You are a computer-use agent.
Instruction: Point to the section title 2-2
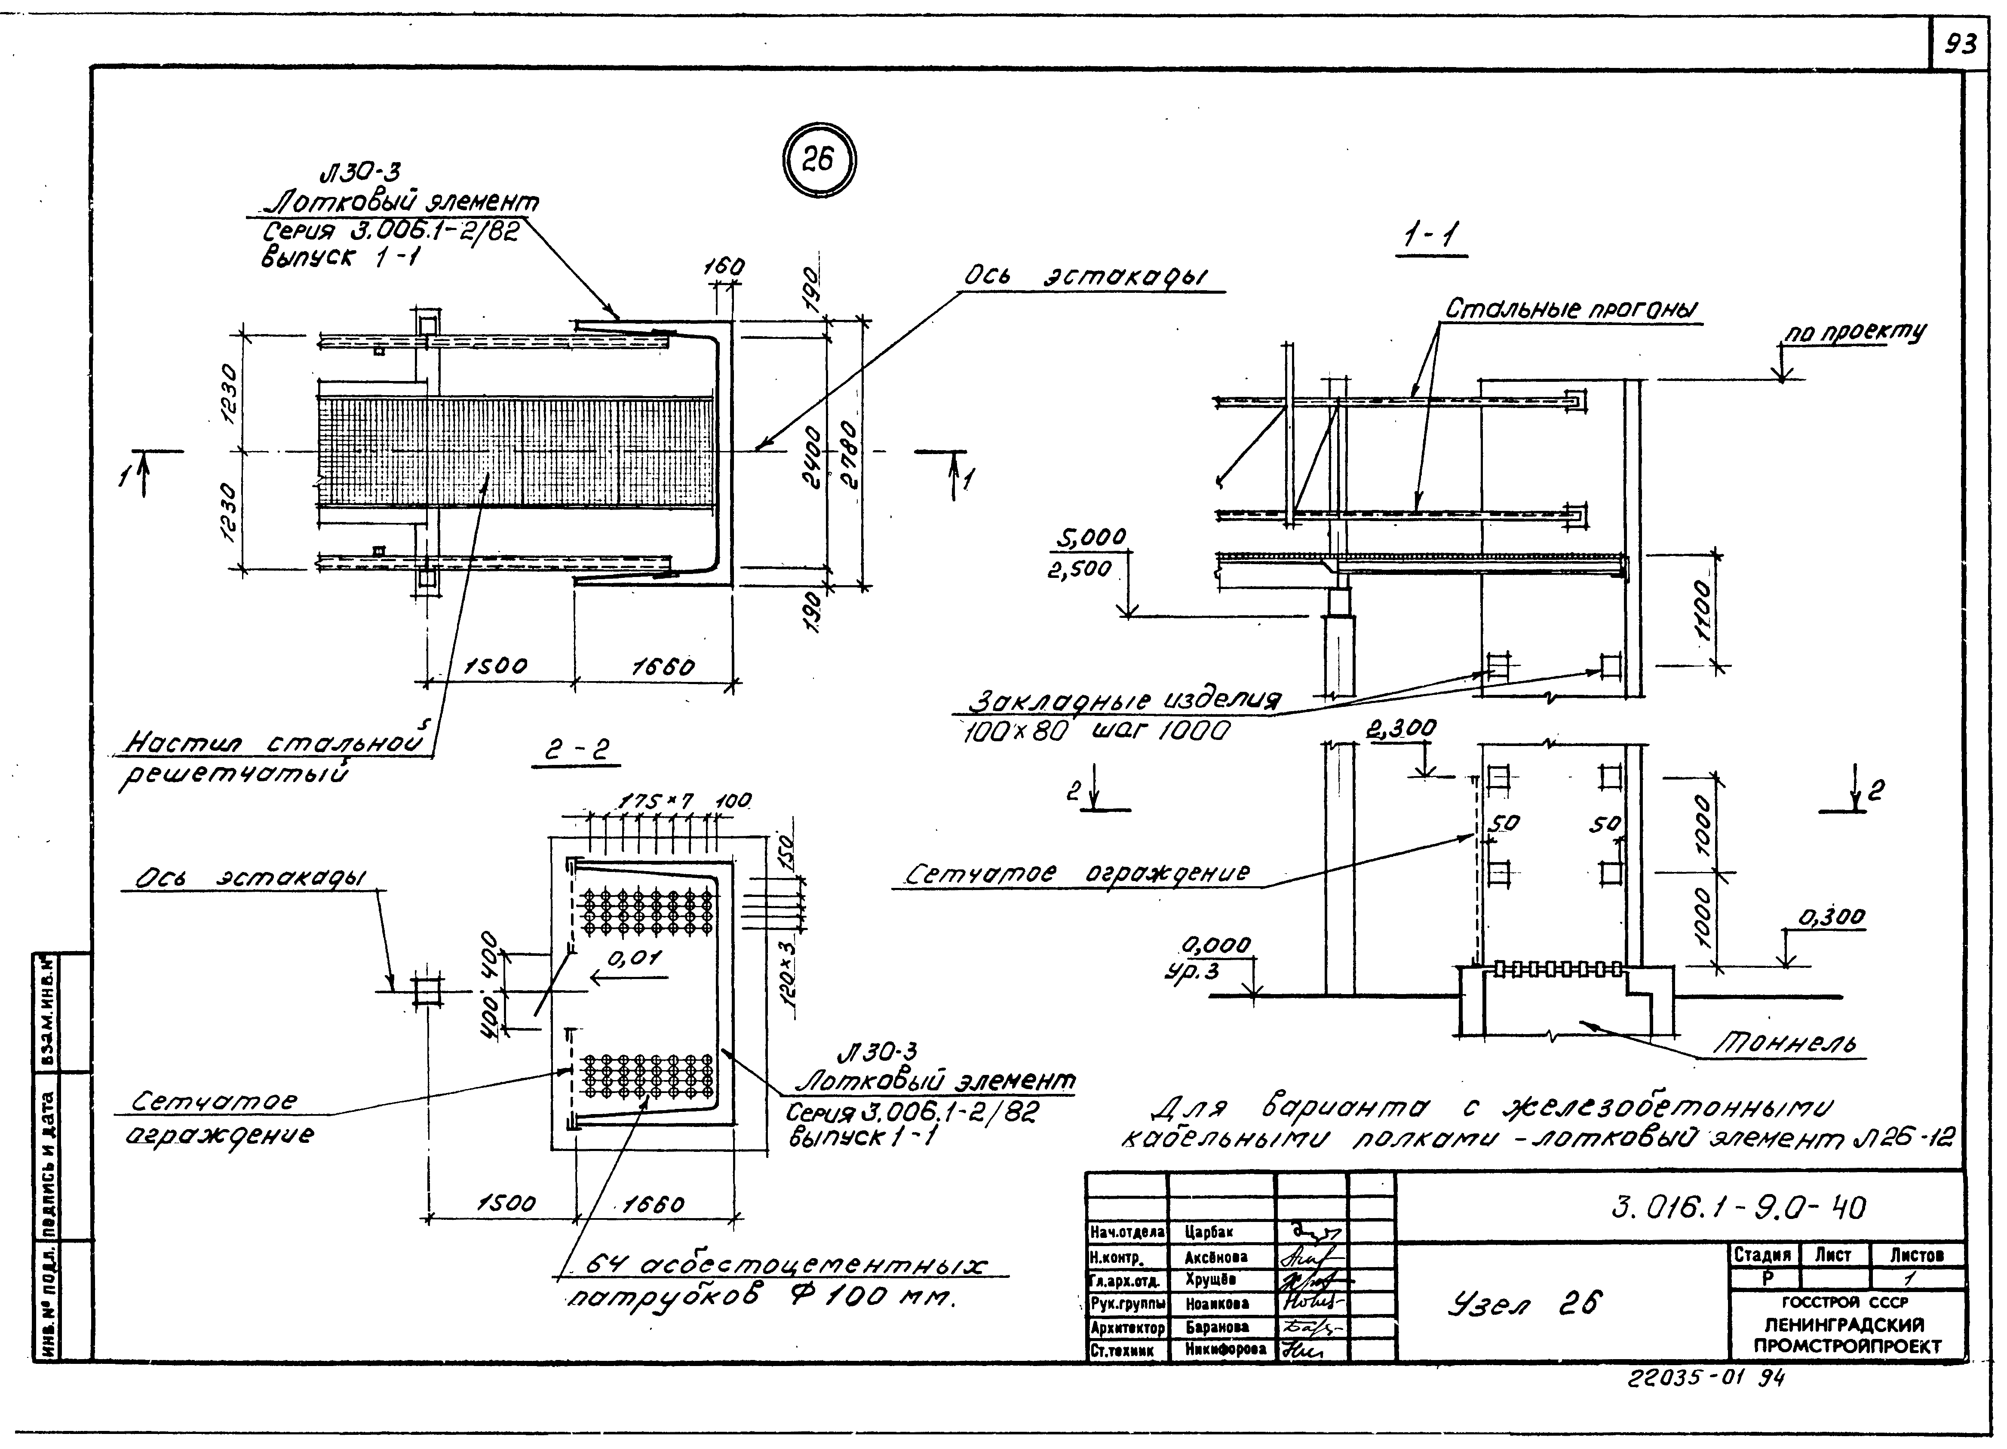pos(576,752)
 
